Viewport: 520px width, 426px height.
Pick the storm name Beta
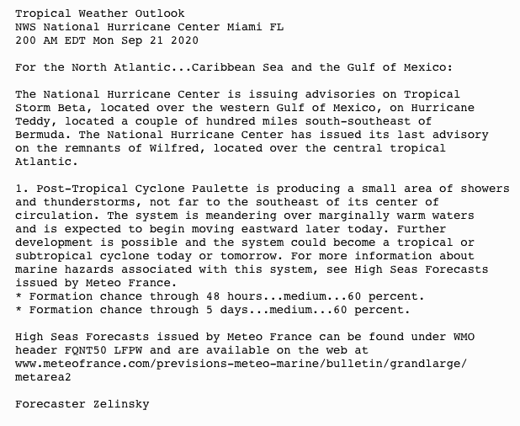tap(70, 107)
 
